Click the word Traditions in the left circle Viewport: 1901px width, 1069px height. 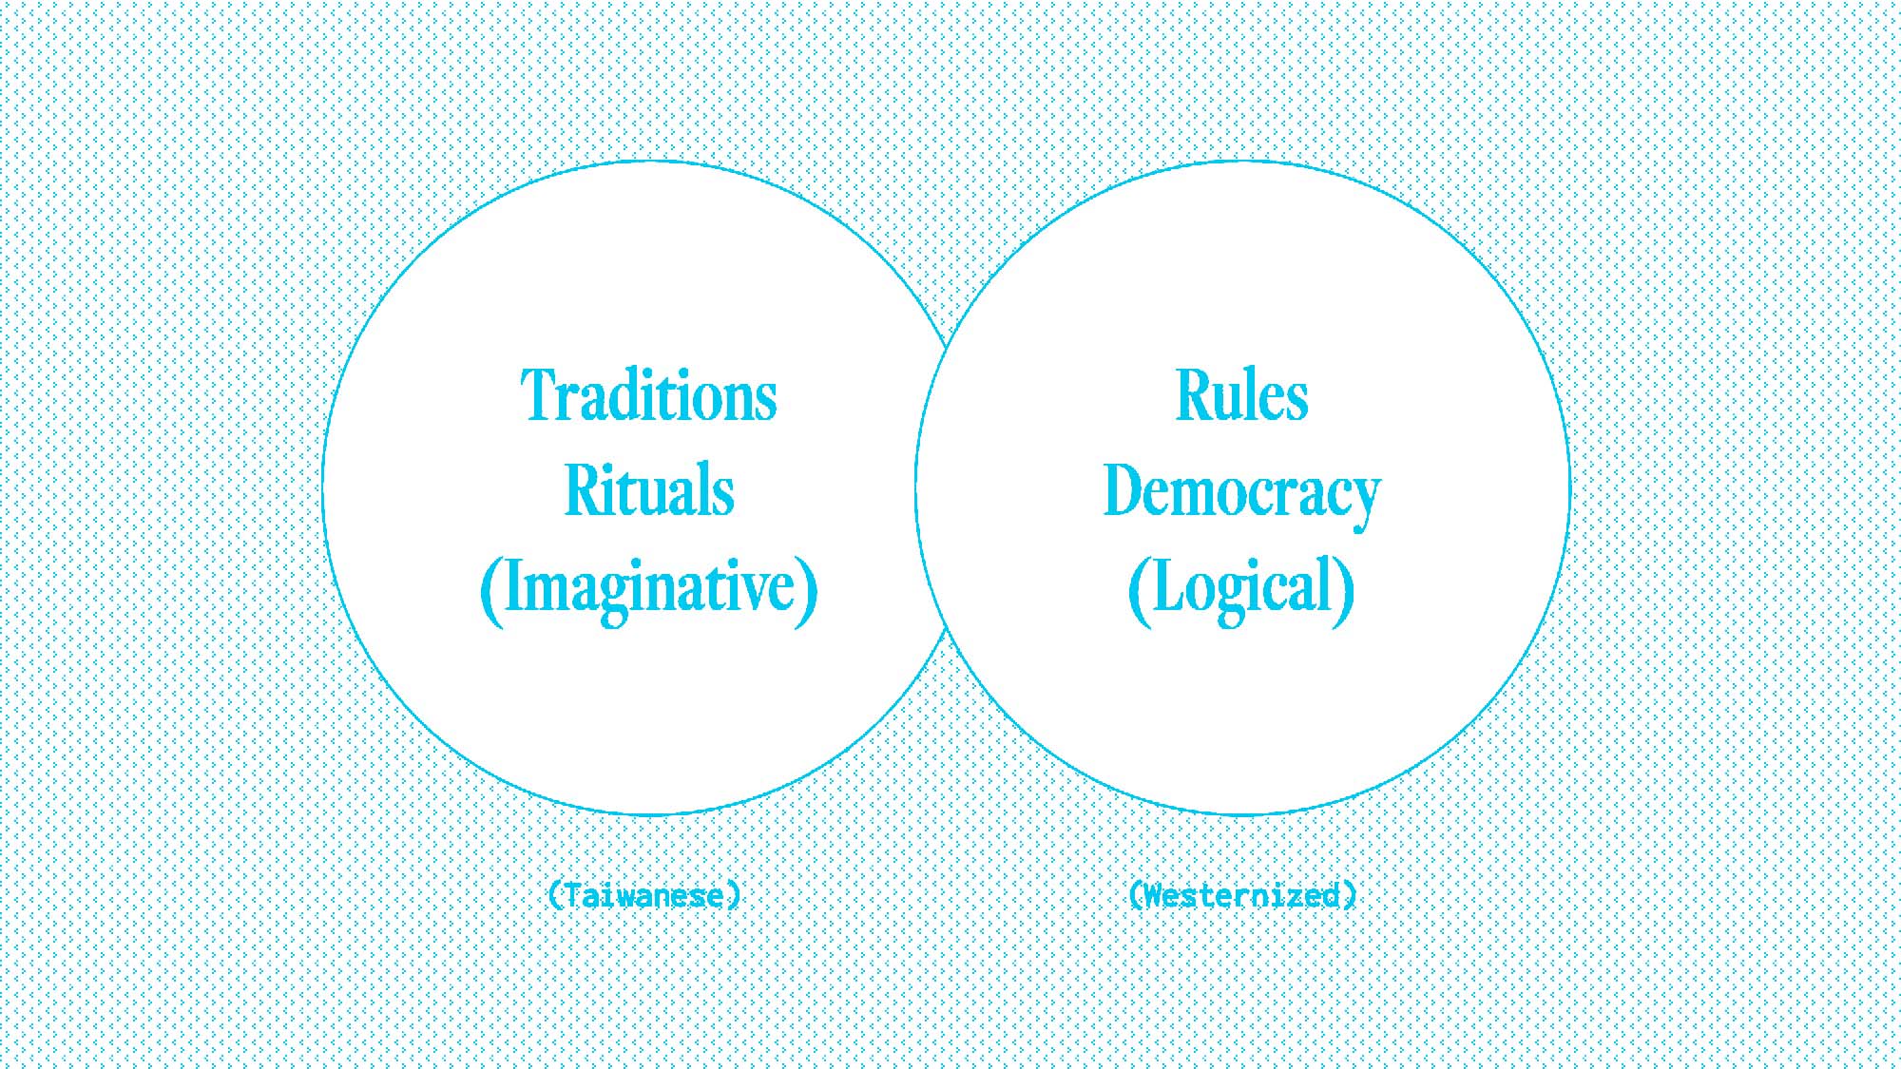point(649,396)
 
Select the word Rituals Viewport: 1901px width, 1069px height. point(649,491)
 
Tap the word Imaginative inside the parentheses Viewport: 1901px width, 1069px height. point(649,587)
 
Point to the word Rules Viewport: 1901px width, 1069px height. point(1242,396)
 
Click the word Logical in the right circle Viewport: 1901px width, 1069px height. point(1241,587)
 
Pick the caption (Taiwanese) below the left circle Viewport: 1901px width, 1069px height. point(644,895)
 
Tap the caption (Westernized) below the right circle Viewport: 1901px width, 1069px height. point(1242,895)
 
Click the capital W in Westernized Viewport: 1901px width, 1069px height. point(1154,895)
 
